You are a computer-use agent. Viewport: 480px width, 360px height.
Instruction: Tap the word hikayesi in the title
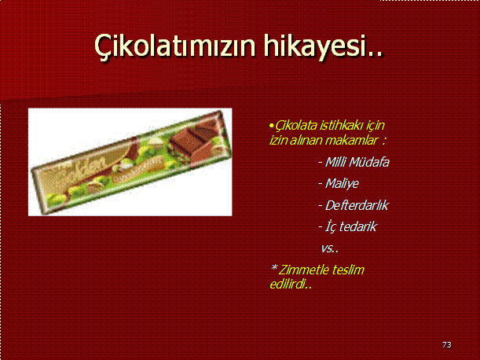[315, 46]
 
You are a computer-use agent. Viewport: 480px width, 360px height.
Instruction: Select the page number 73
[447, 345]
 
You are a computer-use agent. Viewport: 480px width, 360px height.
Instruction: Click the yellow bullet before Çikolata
[271, 125]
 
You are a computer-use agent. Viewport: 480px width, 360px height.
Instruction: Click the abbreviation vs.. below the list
[330, 248]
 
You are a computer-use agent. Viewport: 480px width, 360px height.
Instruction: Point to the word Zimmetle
[304, 270]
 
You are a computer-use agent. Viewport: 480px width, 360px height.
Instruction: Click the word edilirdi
[291, 285]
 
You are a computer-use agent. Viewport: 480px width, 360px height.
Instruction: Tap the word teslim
[348, 270]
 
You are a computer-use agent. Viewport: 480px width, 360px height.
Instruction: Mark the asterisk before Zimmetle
[273, 268]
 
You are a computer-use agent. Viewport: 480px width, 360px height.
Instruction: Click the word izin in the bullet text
[278, 141]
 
